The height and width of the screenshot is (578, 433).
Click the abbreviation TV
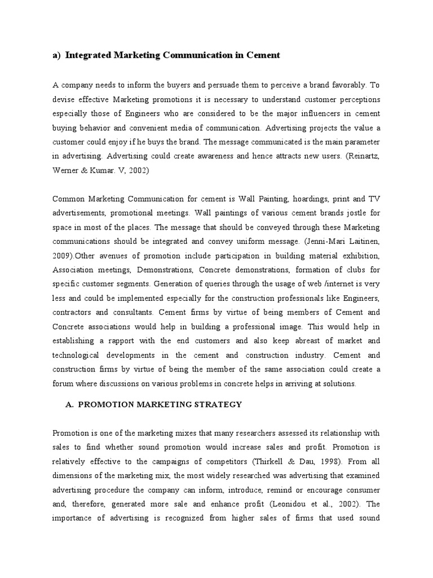[374, 199]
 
